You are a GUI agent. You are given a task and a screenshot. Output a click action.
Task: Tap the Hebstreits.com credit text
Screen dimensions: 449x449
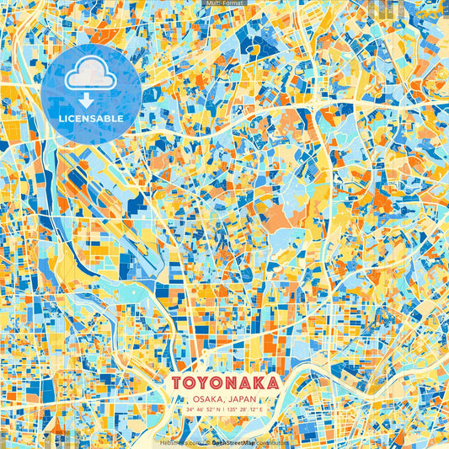point(179,441)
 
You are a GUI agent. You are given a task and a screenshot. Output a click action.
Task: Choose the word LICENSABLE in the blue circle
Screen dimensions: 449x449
point(92,119)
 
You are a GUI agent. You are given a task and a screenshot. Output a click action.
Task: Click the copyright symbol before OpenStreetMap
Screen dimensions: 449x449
point(207,441)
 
